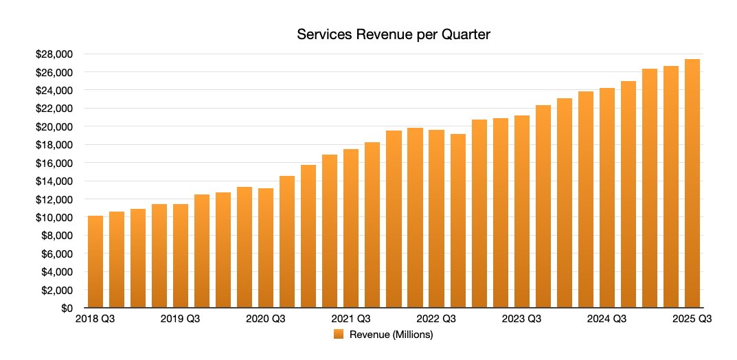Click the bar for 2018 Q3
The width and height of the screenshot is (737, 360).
click(95, 261)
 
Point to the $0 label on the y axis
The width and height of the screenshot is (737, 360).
click(67, 308)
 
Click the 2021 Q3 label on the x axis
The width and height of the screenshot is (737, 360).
click(351, 319)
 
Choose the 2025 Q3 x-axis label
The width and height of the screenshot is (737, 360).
click(692, 319)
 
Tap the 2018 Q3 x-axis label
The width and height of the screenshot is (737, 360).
click(95, 319)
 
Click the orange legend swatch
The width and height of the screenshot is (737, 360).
click(338, 335)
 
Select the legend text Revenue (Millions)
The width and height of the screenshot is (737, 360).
click(391, 335)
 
